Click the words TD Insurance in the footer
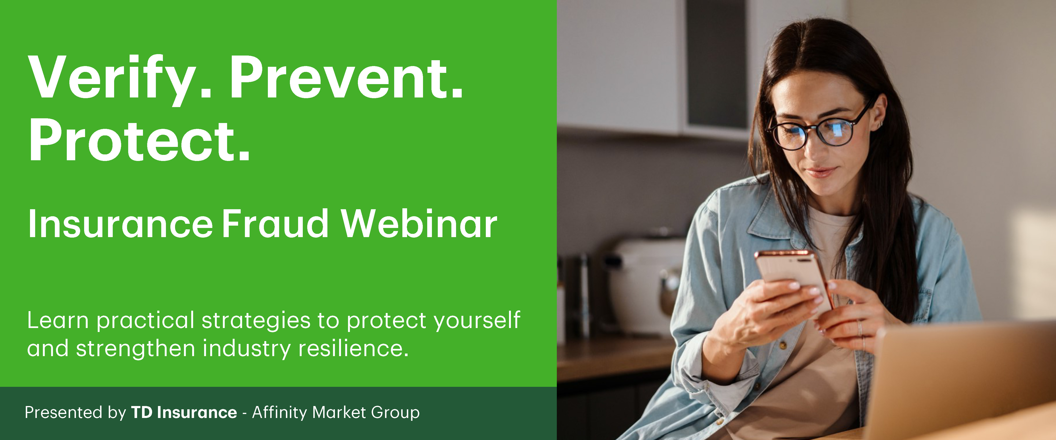(184, 412)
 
